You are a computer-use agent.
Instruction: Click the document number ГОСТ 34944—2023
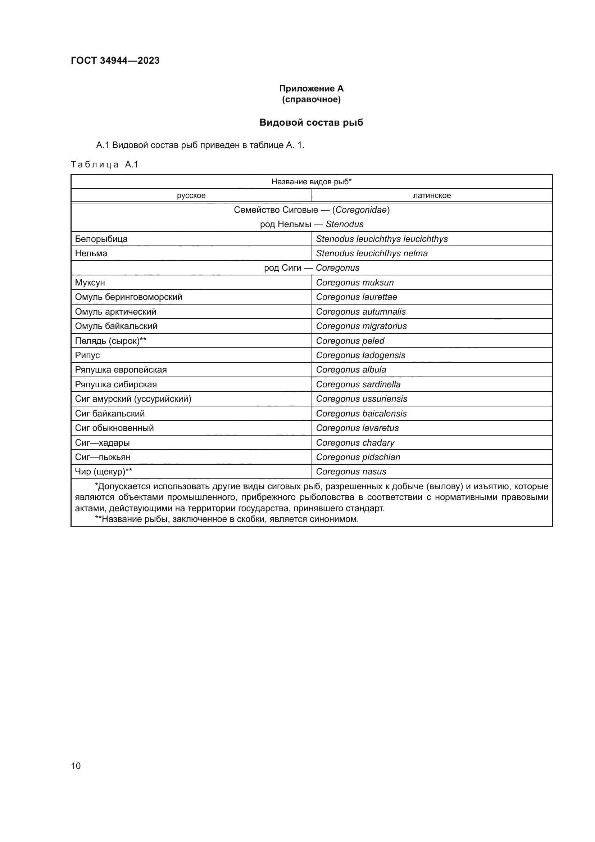coord(115,60)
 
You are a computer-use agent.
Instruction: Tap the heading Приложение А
coord(311,89)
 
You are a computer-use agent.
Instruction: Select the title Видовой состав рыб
coord(311,122)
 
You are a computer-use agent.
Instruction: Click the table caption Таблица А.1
coord(104,164)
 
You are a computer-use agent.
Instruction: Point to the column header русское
coord(191,195)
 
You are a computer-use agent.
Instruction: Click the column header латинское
coord(432,195)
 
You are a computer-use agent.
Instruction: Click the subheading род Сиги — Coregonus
coord(312,268)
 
